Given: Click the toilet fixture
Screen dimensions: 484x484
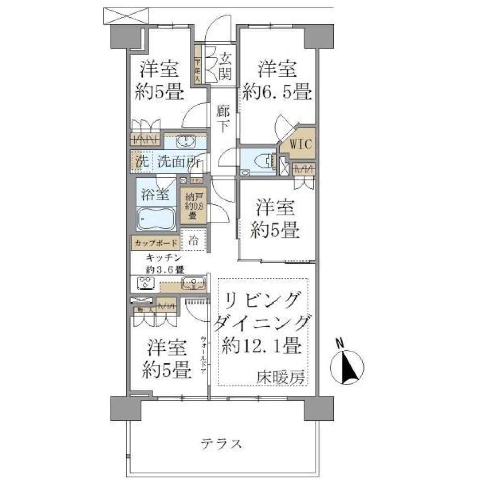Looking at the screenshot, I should click(x=264, y=161).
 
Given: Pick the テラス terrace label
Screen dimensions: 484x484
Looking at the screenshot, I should click(x=222, y=444).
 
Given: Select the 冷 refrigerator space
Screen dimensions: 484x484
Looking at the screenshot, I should click(x=193, y=241).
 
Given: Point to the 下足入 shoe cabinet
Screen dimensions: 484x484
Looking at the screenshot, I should click(x=198, y=65).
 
